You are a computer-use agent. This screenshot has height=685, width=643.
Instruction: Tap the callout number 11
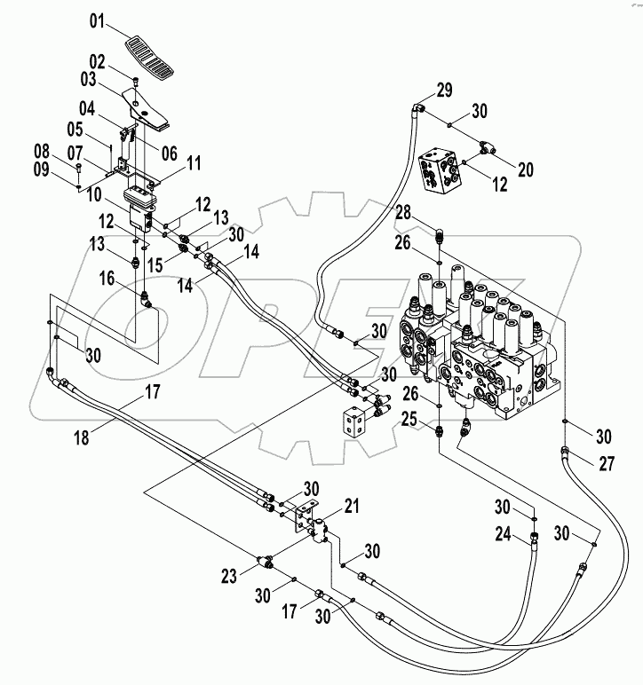tap(194, 162)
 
